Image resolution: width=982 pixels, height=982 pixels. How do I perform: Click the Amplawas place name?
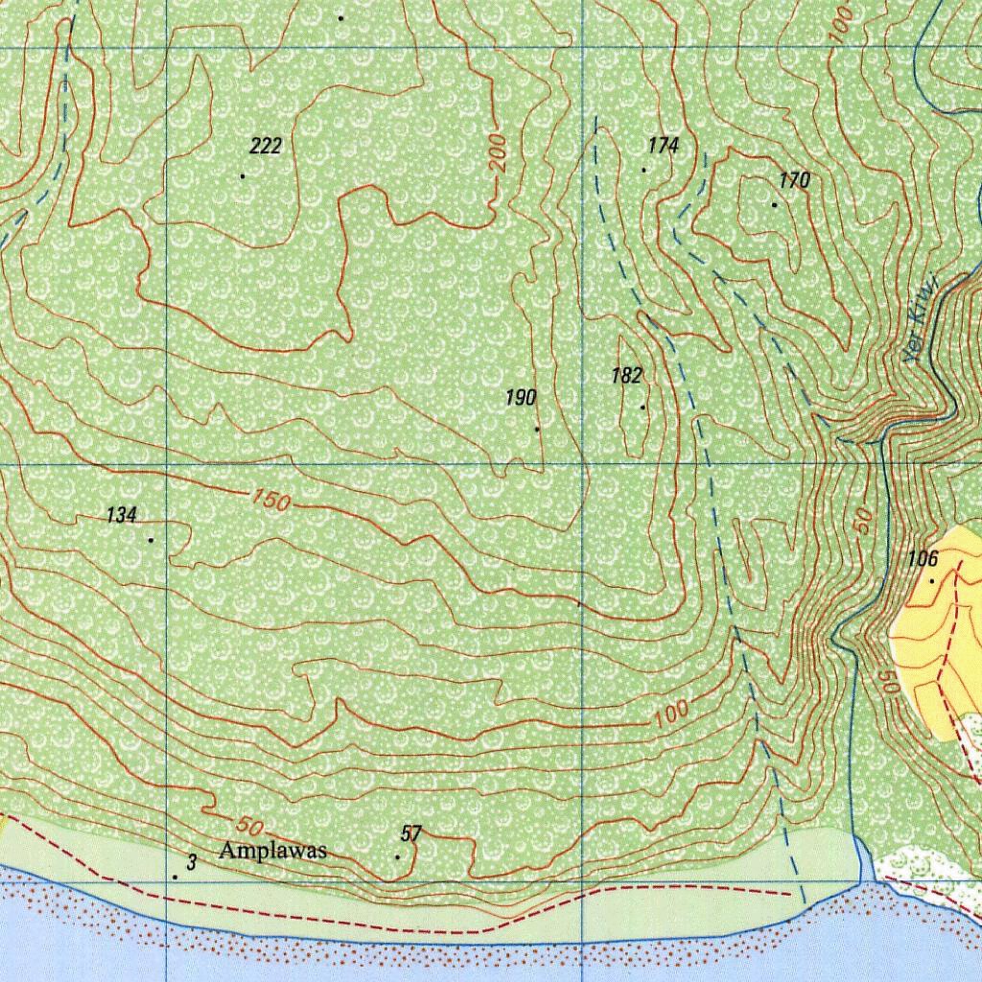(273, 851)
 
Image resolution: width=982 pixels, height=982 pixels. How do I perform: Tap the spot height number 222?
(266, 146)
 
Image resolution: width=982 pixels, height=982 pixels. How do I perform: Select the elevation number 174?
(663, 145)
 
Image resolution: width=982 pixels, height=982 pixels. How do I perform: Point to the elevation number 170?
(794, 180)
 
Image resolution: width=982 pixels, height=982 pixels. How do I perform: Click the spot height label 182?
(626, 376)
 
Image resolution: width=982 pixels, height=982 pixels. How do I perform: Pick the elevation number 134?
(121, 516)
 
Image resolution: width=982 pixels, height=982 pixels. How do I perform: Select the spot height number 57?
(411, 834)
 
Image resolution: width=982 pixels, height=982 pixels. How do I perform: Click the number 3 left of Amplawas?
(191, 863)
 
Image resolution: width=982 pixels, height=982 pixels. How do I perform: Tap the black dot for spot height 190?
(537, 429)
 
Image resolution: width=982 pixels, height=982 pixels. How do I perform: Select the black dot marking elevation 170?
(774, 204)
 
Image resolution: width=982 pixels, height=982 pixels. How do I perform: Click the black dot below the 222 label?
(243, 175)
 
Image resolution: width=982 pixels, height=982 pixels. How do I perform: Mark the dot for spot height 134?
(151, 540)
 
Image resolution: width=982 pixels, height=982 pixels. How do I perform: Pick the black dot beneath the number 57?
(397, 856)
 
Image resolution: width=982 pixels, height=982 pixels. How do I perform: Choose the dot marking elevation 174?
(643, 170)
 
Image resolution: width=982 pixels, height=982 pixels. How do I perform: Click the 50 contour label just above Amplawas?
(247, 826)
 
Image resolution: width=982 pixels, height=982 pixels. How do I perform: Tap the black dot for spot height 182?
(643, 407)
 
